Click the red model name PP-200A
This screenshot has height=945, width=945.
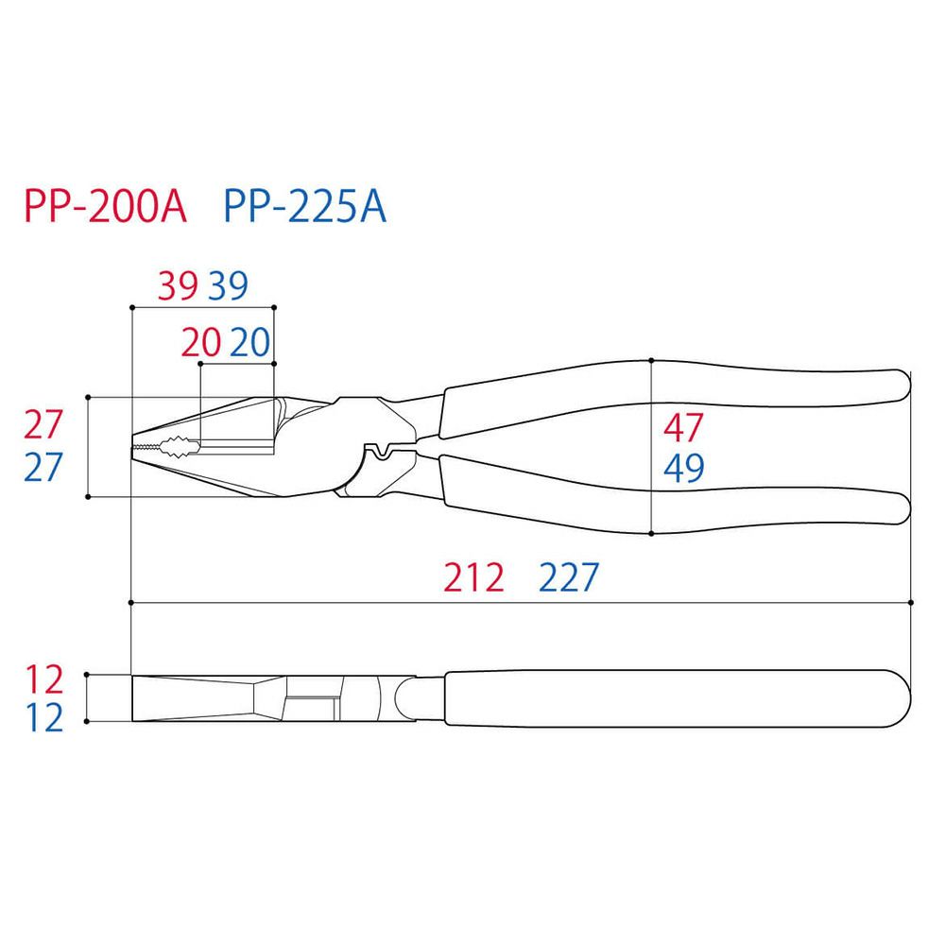coord(106,207)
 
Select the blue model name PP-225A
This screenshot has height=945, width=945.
coord(304,207)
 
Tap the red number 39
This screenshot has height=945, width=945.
coord(178,286)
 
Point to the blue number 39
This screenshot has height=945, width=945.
coord(229,286)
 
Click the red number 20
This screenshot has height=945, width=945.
coord(201,343)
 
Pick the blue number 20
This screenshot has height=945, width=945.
coord(250,343)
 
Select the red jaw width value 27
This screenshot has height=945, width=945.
coord(43,425)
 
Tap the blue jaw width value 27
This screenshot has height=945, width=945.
coord(43,467)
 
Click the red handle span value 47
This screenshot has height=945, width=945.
coord(683,428)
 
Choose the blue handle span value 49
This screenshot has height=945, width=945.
coord(683,469)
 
